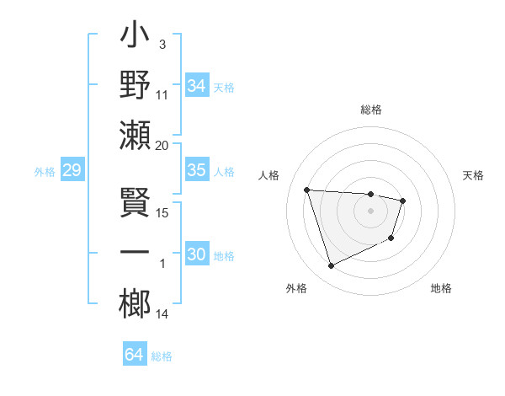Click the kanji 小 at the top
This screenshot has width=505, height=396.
[136, 39]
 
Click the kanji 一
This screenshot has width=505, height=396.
[136, 254]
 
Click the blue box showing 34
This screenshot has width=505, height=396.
[196, 86]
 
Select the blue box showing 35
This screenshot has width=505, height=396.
[196, 170]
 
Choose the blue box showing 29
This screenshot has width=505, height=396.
[72, 171]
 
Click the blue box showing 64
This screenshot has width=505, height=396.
[135, 355]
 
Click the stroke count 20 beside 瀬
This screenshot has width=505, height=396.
[162, 146]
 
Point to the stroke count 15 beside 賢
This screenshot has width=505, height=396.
[162, 213]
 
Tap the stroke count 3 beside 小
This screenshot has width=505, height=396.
[162, 43]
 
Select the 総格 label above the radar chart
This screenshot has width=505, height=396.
[371, 110]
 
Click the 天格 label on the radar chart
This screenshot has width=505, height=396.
[473, 175]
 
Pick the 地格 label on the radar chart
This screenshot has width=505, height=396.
[441, 288]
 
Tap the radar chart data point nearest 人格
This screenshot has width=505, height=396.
[307, 190]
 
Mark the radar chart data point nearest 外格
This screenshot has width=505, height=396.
[331, 266]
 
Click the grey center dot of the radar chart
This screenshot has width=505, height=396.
[371, 211]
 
